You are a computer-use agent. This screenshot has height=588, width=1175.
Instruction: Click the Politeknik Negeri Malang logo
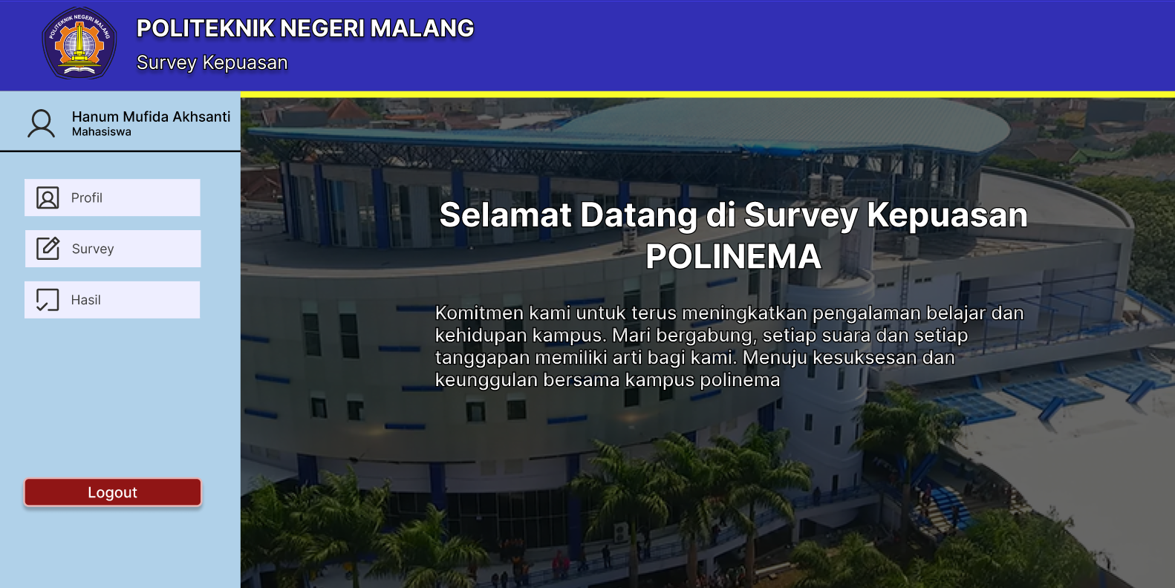pyautogui.click(x=79, y=43)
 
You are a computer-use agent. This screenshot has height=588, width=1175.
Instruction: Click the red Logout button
pyautogui.click(x=112, y=492)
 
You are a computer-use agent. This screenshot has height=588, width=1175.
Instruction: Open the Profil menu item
pyautogui.click(x=112, y=197)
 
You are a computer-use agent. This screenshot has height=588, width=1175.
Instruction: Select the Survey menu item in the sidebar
pyautogui.click(x=113, y=249)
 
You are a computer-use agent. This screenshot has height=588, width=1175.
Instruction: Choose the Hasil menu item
pyautogui.click(x=112, y=300)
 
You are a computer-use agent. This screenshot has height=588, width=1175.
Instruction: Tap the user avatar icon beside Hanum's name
pyautogui.click(x=41, y=124)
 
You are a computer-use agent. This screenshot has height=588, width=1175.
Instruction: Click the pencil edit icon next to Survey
pyautogui.click(x=48, y=249)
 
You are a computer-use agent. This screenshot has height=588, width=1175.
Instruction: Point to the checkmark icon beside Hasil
pyautogui.click(x=48, y=300)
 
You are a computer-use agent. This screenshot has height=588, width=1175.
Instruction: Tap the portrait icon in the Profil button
pyautogui.click(x=48, y=197)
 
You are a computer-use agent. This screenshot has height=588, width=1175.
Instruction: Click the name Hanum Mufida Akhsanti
pyautogui.click(x=151, y=117)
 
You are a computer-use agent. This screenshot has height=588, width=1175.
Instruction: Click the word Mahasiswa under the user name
pyautogui.click(x=101, y=131)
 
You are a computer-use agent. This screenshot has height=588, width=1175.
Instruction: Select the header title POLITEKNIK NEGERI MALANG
pyautogui.click(x=305, y=28)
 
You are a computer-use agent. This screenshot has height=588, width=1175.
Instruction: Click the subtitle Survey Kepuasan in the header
pyautogui.click(x=212, y=62)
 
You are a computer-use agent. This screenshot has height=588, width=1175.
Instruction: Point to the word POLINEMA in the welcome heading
pyautogui.click(x=733, y=256)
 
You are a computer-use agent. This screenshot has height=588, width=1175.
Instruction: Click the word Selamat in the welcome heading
pyautogui.click(x=505, y=215)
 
